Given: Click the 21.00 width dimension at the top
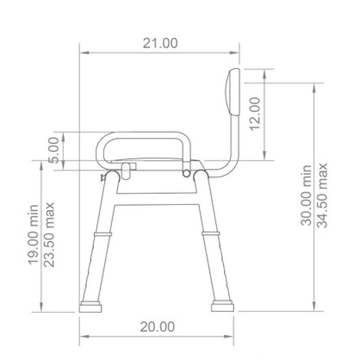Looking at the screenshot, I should [x=160, y=43].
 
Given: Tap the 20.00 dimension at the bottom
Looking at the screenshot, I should [x=158, y=327].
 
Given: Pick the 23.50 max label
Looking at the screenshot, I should [x=49, y=235].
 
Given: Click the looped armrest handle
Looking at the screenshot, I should [x=147, y=138].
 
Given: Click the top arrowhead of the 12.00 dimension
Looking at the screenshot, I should [x=264, y=71].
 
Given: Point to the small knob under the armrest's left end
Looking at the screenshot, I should [x=127, y=170].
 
